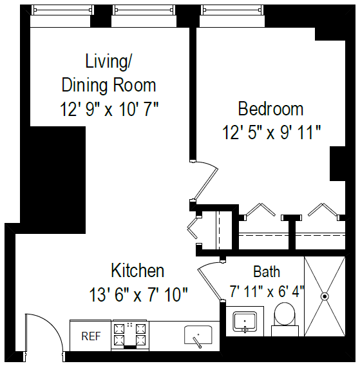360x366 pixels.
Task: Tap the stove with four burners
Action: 130,334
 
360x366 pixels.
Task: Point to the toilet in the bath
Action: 284,318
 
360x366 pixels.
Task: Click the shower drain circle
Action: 325,296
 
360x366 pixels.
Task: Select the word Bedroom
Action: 270,108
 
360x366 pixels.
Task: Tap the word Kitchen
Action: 137,270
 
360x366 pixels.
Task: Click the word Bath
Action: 266,271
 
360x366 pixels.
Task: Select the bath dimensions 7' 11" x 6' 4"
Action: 266,291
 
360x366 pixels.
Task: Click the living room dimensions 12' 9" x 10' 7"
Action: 109,109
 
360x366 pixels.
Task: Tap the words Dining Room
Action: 109,85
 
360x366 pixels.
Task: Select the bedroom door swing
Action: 207,179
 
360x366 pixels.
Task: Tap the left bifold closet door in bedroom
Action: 260,211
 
